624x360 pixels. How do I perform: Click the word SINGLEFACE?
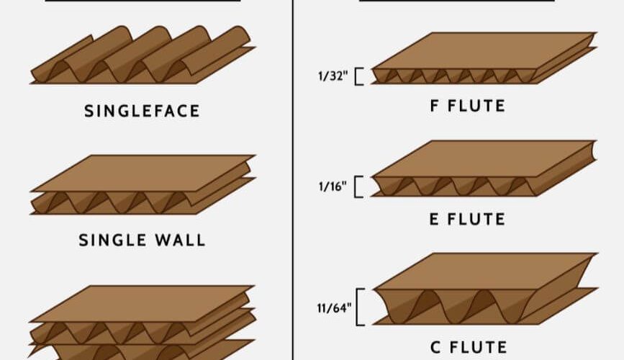pyautogui.click(x=142, y=111)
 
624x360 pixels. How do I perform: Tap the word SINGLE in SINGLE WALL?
pyautogui.click(x=112, y=240)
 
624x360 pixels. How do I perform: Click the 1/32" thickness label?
pyautogui.click(x=333, y=76)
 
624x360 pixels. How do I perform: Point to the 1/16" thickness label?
pyautogui.click(x=333, y=186)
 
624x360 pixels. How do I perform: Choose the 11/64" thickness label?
pyautogui.click(x=334, y=308)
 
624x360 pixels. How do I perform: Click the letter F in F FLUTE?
pyautogui.click(x=435, y=106)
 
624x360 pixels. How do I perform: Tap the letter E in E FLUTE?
pyautogui.click(x=434, y=219)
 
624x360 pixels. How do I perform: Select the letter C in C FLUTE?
pyautogui.click(x=435, y=347)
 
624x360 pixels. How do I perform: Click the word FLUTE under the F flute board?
pyautogui.click(x=476, y=106)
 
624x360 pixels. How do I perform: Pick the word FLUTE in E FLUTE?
pyautogui.click(x=476, y=219)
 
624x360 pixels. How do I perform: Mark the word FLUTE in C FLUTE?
pyautogui.click(x=479, y=347)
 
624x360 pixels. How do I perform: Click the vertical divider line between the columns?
pyautogui.click(x=294, y=180)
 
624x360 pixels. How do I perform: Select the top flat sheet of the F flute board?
pyautogui.click(x=484, y=50)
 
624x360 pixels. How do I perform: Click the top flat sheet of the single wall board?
pyautogui.click(x=143, y=174)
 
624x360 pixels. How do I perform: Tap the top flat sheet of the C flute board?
pyautogui.click(x=486, y=271)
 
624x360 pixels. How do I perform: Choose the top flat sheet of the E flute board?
pyautogui.click(x=484, y=158)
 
